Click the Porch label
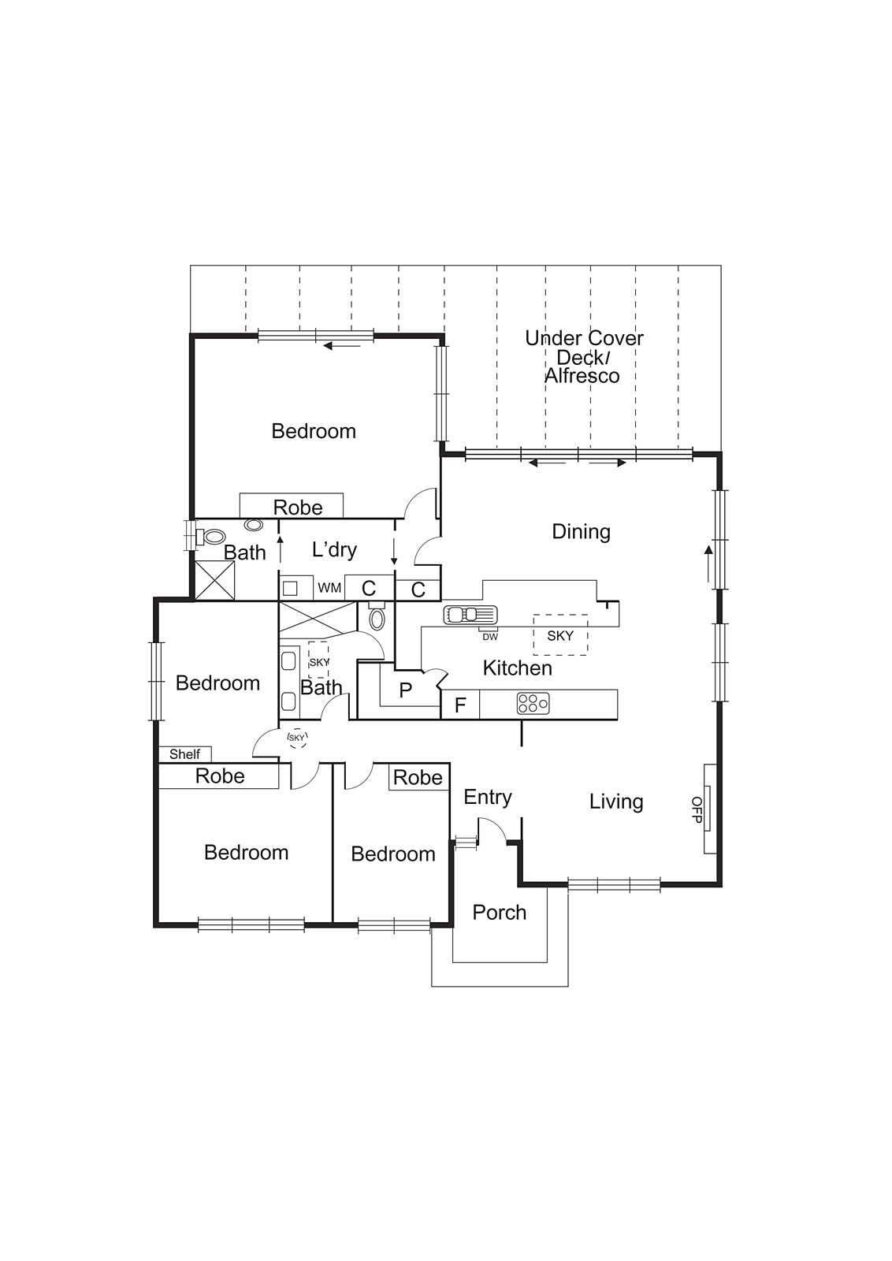(499, 913)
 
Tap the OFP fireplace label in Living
(697, 809)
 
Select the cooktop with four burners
(533, 703)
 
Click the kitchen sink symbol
(470, 615)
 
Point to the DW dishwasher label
(490, 637)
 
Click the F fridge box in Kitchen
(460, 705)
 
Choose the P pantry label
(405, 691)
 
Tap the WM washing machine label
(329, 588)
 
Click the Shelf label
(184, 754)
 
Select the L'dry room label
(334, 549)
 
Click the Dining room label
(581, 532)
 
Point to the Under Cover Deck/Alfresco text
(584, 357)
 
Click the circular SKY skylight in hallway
(296, 738)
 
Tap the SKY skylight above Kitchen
(560, 635)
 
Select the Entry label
(487, 798)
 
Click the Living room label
(616, 802)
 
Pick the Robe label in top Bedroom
(298, 508)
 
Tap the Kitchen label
(517, 668)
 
